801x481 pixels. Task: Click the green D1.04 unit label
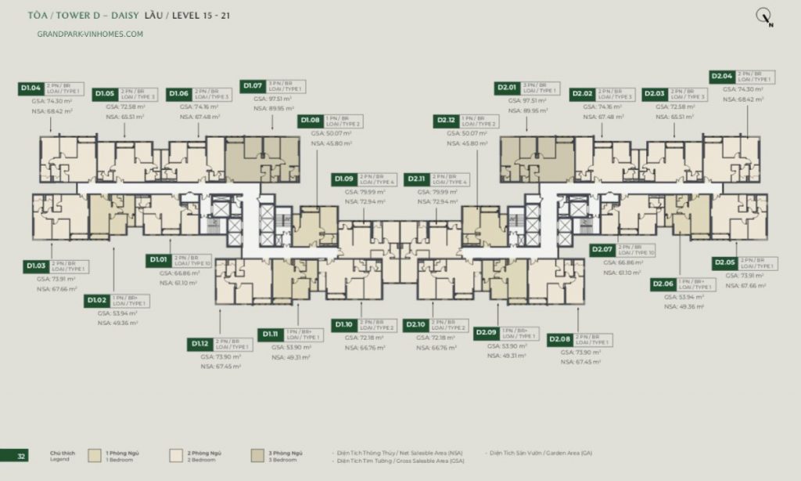[x=31, y=88]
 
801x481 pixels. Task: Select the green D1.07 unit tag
[x=253, y=85]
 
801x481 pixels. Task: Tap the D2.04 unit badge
[x=722, y=77]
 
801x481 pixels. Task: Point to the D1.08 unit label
[x=311, y=121]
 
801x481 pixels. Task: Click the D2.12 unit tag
[x=447, y=121]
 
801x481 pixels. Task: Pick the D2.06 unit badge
[x=665, y=284]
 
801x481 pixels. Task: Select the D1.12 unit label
[x=200, y=343]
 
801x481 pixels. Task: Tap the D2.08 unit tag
[x=560, y=338]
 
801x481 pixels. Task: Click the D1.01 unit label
[x=159, y=259]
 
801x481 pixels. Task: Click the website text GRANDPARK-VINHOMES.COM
[x=90, y=34]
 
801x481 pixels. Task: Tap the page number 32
[x=21, y=455]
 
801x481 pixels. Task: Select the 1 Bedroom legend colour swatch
[x=95, y=456]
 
